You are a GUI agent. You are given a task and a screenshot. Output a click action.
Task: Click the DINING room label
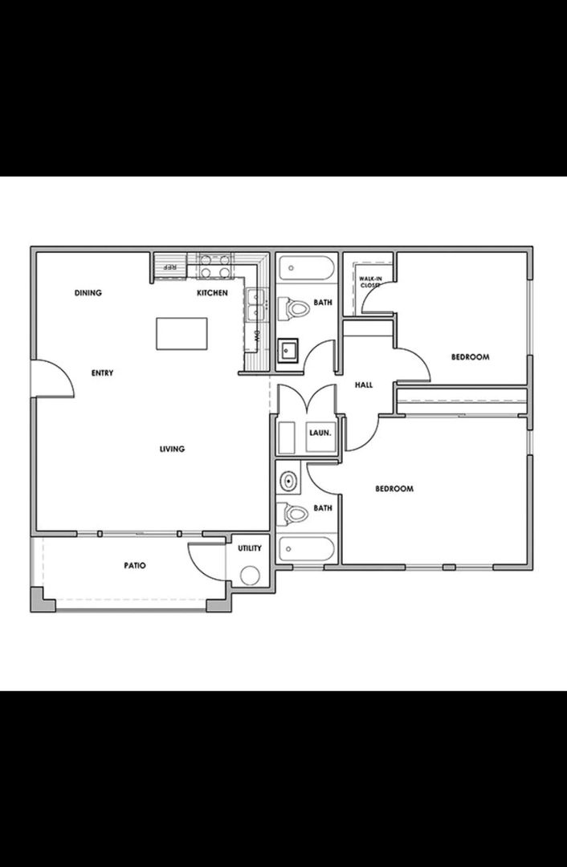coord(88,293)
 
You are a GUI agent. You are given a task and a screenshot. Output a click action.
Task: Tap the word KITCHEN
coord(213,293)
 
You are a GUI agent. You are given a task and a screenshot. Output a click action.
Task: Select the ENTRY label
coord(102,372)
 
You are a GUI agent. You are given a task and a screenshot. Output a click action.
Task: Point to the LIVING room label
coord(172,449)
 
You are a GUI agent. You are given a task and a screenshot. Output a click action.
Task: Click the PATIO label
coord(135,565)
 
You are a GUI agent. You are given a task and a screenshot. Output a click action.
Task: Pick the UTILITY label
coord(249,548)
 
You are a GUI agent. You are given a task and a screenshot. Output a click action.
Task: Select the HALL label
coord(364,385)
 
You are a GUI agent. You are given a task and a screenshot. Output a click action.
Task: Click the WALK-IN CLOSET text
coord(369,282)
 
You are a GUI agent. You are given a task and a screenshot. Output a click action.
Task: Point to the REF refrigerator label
coord(169,267)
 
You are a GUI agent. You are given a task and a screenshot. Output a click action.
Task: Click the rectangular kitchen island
coord(182,333)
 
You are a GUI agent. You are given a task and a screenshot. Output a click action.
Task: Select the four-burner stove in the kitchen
coord(214,266)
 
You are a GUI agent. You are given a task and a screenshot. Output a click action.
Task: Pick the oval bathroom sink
coord(288,481)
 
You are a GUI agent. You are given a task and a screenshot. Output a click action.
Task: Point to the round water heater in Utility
coord(250,576)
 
